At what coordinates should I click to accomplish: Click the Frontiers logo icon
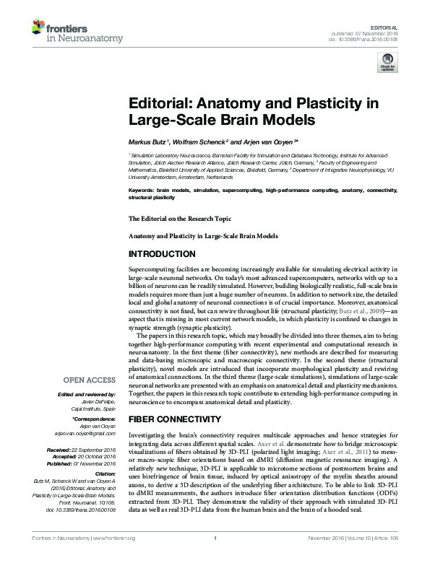pyautogui.click(x=38, y=28)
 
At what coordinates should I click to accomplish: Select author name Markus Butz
pyautogui.click(x=148, y=143)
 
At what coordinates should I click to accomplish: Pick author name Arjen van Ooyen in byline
pyautogui.click(x=258, y=143)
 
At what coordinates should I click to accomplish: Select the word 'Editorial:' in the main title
pyautogui.click(x=160, y=102)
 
